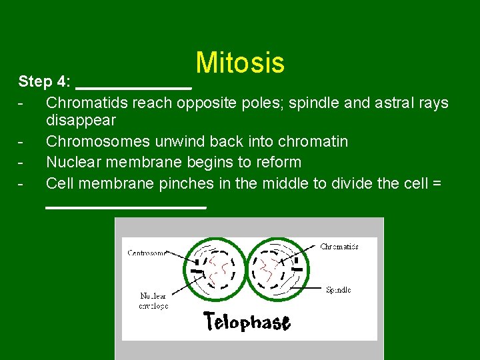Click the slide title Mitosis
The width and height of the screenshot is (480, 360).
240,63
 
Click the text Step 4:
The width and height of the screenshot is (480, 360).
45,82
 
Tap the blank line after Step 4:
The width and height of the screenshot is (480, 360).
134,87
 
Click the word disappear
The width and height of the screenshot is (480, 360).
81,121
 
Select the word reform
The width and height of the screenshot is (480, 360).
279,162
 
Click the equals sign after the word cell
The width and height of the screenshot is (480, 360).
437,183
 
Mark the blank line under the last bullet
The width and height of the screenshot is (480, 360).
126,207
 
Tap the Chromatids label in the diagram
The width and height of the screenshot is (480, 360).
339,246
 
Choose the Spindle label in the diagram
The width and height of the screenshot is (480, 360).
338,290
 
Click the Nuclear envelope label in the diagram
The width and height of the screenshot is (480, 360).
153,301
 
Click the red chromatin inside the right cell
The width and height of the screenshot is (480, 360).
272,270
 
